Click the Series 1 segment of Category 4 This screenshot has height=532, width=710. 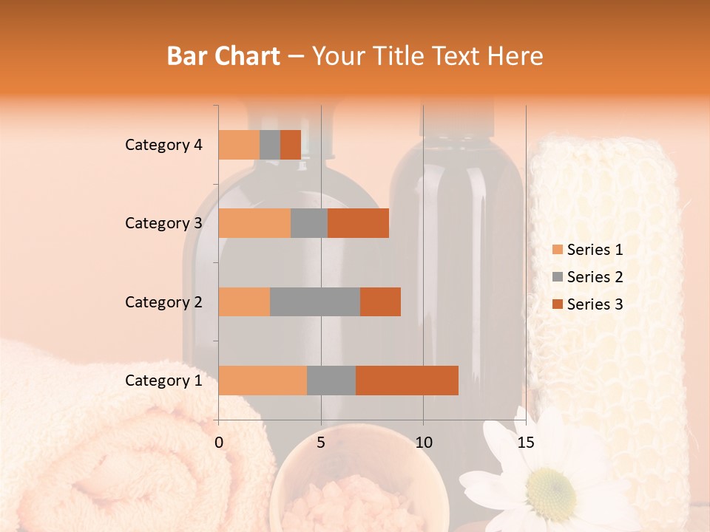pos(239,145)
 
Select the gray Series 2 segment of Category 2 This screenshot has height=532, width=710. pos(315,301)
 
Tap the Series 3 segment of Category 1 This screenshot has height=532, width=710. pos(407,381)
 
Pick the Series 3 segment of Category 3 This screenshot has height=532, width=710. pos(358,223)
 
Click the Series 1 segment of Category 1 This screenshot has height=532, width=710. pos(263,381)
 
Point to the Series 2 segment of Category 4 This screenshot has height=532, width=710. pos(270,145)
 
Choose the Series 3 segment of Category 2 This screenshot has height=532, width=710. pos(380,301)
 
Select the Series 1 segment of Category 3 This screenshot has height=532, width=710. pos(254,223)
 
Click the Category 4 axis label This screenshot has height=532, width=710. pos(163,145)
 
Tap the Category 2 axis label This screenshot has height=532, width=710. pos(163,301)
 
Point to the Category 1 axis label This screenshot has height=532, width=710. pos(163,381)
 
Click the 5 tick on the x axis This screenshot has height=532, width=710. pos(321,443)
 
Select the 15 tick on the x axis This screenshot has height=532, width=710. pos(525,443)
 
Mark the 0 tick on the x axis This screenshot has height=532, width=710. pos(219,443)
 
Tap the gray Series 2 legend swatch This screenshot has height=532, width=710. pos(557,277)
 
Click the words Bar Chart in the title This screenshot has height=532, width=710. pos(223,56)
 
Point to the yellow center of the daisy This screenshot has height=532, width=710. pos(552,488)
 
